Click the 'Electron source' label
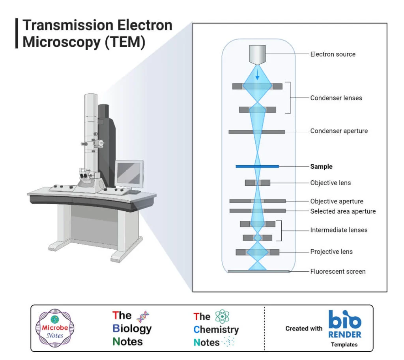(333, 54)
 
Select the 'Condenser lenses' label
(336, 98)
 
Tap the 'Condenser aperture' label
(339, 131)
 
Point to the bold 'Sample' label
(321, 166)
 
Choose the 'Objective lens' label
(330, 183)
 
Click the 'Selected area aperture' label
(342, 211)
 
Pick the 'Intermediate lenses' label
(339, 230)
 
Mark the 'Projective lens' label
(331, 252)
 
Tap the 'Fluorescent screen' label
(338, 271)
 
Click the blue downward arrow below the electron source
(257, 75)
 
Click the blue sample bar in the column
(257, 166)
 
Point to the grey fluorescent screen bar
(258, 271)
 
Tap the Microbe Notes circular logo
(55, 328)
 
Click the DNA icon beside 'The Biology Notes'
(142, 317)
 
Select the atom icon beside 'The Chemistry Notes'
(222, 316)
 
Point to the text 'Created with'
(304, 328)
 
